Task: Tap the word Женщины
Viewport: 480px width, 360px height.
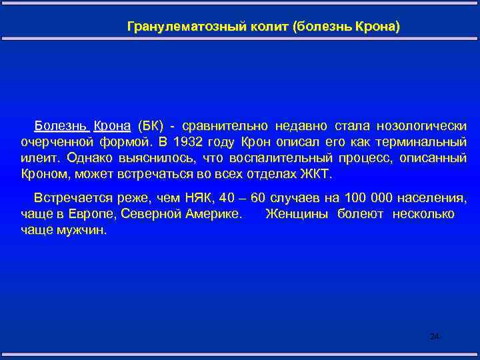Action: [x=298, y=215]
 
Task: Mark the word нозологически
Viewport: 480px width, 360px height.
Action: [x=421, y=125]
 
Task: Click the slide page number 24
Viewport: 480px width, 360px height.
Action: [x=435, y=337]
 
